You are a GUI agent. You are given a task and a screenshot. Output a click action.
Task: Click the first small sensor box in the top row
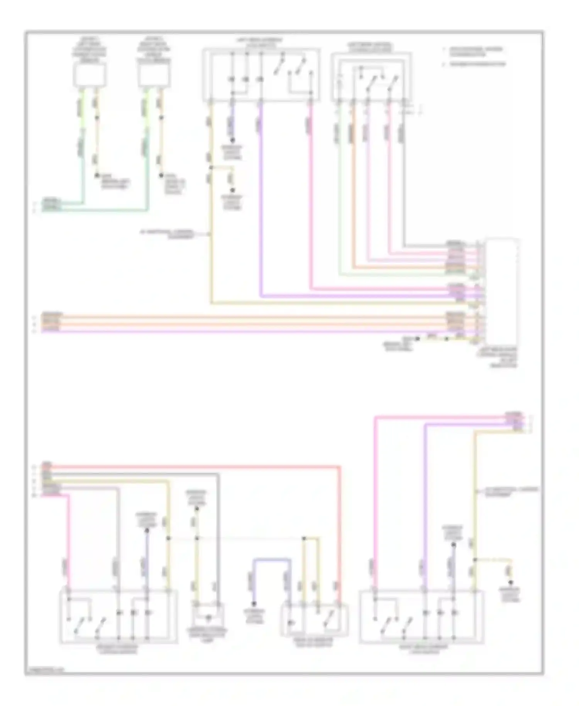coord(90,75)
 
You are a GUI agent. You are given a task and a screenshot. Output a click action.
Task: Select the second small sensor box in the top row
coord(154,75)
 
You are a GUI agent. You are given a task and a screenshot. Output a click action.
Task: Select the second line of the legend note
coord(477,64)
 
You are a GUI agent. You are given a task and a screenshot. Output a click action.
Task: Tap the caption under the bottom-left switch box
coord(118,649)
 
